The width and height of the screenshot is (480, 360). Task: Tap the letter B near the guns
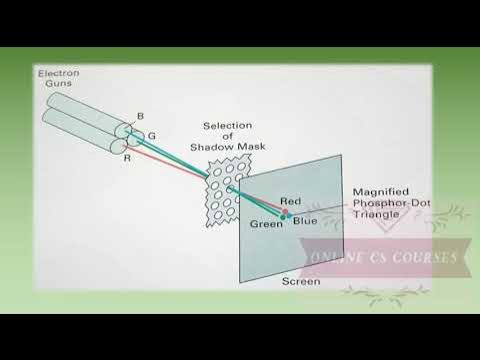(x=139, y=117)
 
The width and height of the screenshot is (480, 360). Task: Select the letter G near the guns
(x=150, y=134)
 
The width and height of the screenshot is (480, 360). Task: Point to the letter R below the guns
(x=127, y=157)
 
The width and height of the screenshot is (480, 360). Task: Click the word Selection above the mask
(x=225, y=125)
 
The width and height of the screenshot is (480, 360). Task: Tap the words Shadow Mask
(x=225, y=147)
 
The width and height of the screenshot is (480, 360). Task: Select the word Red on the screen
(x=291, y=202)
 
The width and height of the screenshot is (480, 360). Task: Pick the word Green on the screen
(x=265, y=222)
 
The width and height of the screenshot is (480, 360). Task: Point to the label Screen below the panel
(x=301, y=282)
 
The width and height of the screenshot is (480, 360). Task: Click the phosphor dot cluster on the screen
(x=285, y=213)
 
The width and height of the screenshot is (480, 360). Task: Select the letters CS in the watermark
(x=383, y=257)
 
